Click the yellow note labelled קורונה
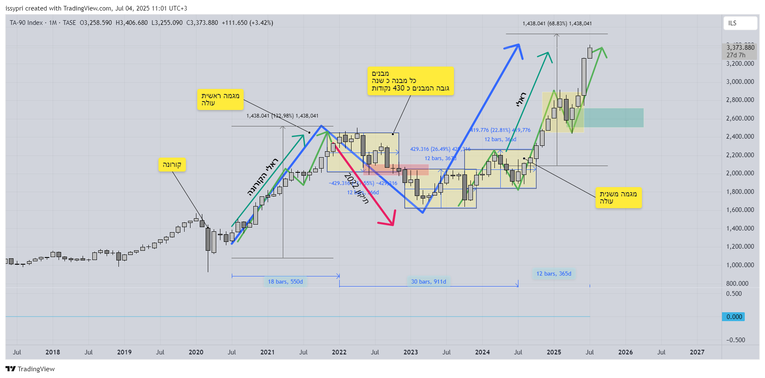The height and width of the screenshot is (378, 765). [x=172, y=165]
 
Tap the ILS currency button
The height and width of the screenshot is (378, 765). [x=740, y=23]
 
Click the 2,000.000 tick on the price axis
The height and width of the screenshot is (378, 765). [x=740, y=173]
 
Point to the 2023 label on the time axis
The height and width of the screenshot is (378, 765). [x=411, y=352]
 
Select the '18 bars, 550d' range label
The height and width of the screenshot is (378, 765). [x=285, y=281]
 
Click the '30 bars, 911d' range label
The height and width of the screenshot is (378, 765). [x=428, y=281]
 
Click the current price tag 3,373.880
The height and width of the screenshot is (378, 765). [x=740, y=48]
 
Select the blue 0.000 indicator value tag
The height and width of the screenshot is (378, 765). [x=734, y=317]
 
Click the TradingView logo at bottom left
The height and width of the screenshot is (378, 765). [x=30, y=369]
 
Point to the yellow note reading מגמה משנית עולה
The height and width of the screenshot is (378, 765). [x=618, y=198]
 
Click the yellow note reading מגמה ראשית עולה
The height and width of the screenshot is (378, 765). [x=220, y=99]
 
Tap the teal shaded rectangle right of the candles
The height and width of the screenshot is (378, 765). [x=613, y=118]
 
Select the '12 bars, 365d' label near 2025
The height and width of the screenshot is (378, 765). [x=553, y=274]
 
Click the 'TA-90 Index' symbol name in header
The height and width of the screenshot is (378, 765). [x=26, y=23]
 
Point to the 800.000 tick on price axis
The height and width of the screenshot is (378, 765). [x=740, y=284]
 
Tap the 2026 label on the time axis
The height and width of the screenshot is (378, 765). [x=625, y=352]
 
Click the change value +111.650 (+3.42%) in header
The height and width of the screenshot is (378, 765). [x=247, y=23]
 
